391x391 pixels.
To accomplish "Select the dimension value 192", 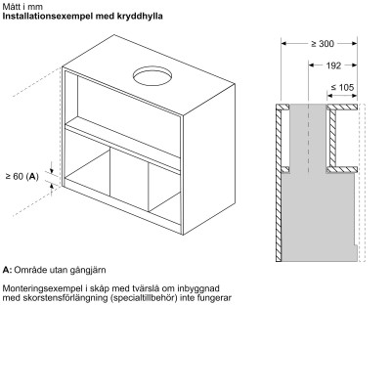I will [x=333, y=66].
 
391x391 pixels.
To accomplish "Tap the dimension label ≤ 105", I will [x=342, y=88].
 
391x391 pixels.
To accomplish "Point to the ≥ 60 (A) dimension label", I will [x=22, y=176].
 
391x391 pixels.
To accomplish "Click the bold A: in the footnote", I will [x=8, y=269].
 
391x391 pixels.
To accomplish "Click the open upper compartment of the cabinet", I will [x=122, y=106].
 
